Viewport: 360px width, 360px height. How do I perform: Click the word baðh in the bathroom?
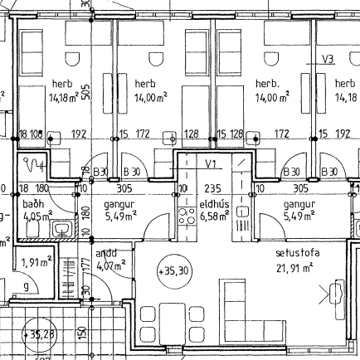point(32,203)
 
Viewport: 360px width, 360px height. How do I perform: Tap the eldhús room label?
point(212,203)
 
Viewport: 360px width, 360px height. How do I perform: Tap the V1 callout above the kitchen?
point(211,164)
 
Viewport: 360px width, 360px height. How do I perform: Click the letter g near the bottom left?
point(27,286)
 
